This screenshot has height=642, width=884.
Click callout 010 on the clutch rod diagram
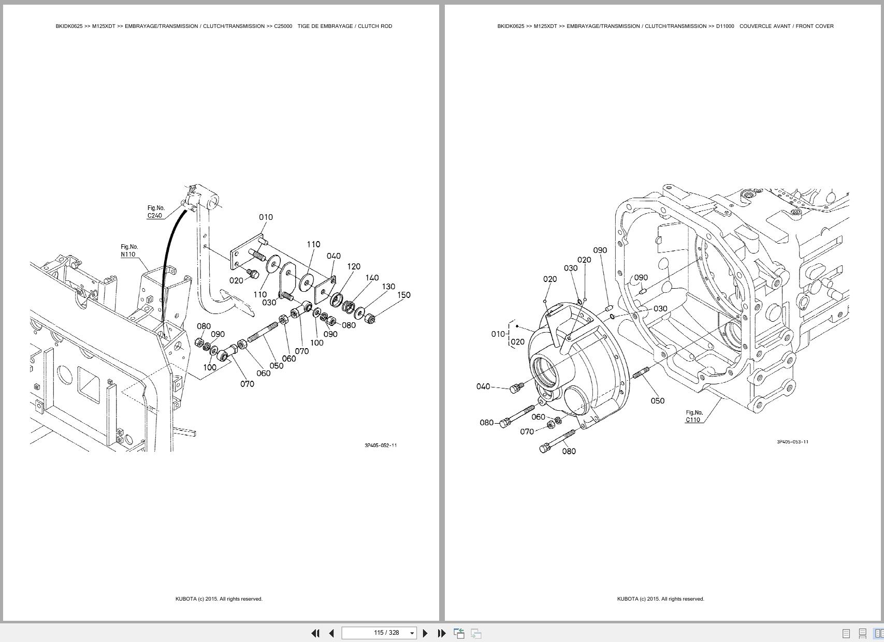[x=266, y=217]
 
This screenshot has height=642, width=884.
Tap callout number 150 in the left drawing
[x=403, y=295]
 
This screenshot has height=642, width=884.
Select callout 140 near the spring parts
[x=372, y=278]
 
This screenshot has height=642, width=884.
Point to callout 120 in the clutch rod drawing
[x=354, y=266]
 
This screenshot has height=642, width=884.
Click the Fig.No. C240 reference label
[x=155, y=212]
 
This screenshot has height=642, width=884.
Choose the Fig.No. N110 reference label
[x=129, y=250]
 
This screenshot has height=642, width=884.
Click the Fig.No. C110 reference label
[x=694, y=416]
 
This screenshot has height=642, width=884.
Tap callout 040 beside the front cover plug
[x=483, y=386]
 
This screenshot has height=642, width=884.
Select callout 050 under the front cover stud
[x=657, y=400]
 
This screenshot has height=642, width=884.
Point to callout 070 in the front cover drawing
[x=527, y=431]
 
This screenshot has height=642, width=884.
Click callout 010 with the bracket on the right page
[x=498, y=334]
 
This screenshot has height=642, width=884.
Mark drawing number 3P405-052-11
[x=381, y=445]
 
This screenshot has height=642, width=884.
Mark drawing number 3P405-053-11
[x=792, y=441]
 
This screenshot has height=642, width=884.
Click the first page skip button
[x=315, y=633]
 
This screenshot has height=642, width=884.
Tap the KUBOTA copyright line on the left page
[x=219, y=599]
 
